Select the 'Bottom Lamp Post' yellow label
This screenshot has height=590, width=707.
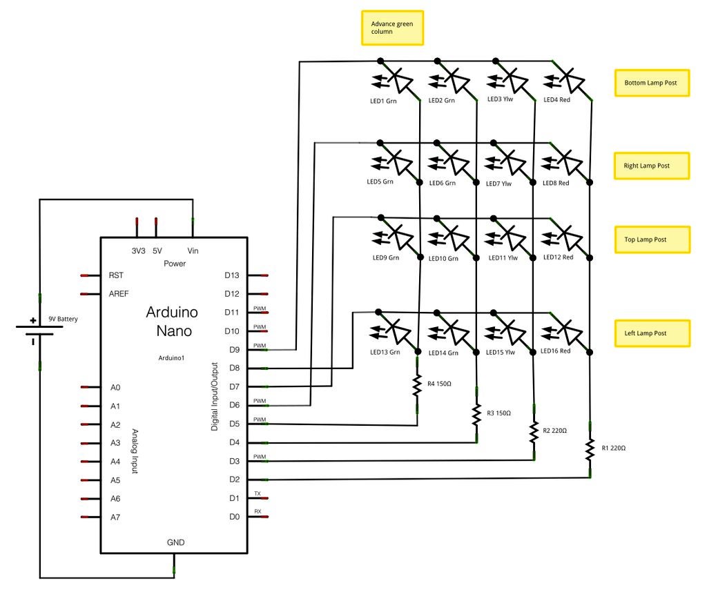tap(652, 83)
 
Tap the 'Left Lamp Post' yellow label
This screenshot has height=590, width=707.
tap(652, 333)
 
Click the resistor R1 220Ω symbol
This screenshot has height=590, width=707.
tap(590, 449)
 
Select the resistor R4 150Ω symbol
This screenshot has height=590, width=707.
tap(417, 385)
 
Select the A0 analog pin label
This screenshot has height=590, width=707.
tap(115, 387)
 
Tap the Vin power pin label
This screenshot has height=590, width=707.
tap(193, 250)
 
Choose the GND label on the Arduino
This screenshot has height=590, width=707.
tap(175, 542)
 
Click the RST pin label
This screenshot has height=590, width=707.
tap(116, 275)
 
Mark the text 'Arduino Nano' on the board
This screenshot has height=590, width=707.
tap(172, 321)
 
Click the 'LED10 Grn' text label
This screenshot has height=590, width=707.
tap(443, 259)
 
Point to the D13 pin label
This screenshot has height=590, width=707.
tap(232, 275)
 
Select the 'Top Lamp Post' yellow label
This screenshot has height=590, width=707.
tap(652, 239)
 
